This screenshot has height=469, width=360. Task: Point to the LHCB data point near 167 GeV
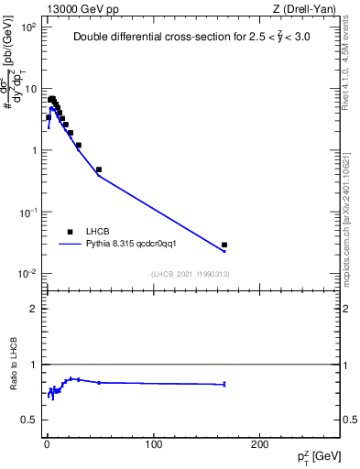pyautogui.click(x=224, y=245)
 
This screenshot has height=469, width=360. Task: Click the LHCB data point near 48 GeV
pyautogui.click(x=98, y=169)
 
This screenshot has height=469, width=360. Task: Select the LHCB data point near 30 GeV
pyautogui.click(x=79, y=145)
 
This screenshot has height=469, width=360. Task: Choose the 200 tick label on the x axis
pyautogui.click(x=260, y=443)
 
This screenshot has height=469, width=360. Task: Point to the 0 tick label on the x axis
pyautogui.click(x=47, y=443)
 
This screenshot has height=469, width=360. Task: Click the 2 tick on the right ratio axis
pyautogui.click(x=348, y=309)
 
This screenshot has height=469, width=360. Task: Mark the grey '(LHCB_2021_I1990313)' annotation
pyautogui.click(x=191, y=274)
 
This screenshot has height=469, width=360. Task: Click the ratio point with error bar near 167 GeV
pyautogui.click(x=224, y=384)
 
